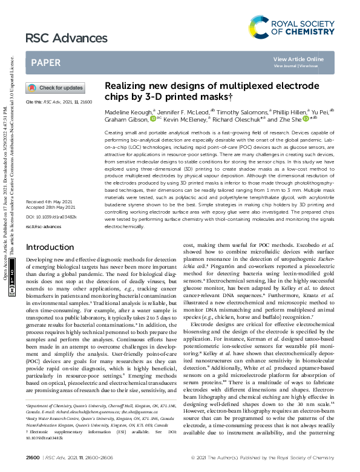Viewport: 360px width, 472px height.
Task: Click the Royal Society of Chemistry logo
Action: coord(292,27)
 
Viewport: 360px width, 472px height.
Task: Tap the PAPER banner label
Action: coord(45,62)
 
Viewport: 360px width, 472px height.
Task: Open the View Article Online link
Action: coord(298,59)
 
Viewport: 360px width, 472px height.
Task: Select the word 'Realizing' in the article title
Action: coord(124,86)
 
